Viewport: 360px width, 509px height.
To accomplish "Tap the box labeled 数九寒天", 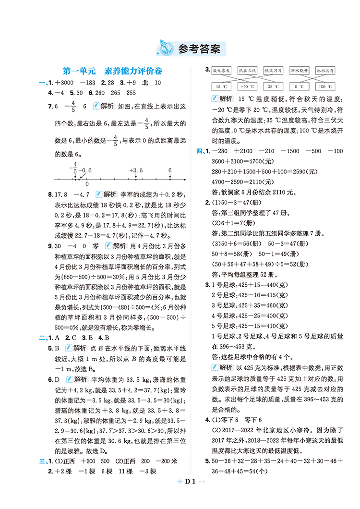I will [222, 70].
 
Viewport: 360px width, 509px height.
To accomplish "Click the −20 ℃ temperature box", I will [247, 87].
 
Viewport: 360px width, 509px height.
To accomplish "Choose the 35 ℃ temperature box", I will [273, 87].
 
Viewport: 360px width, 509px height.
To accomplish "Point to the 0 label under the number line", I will [86, 183].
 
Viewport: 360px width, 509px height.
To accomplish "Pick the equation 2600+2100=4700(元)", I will [242, 161].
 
